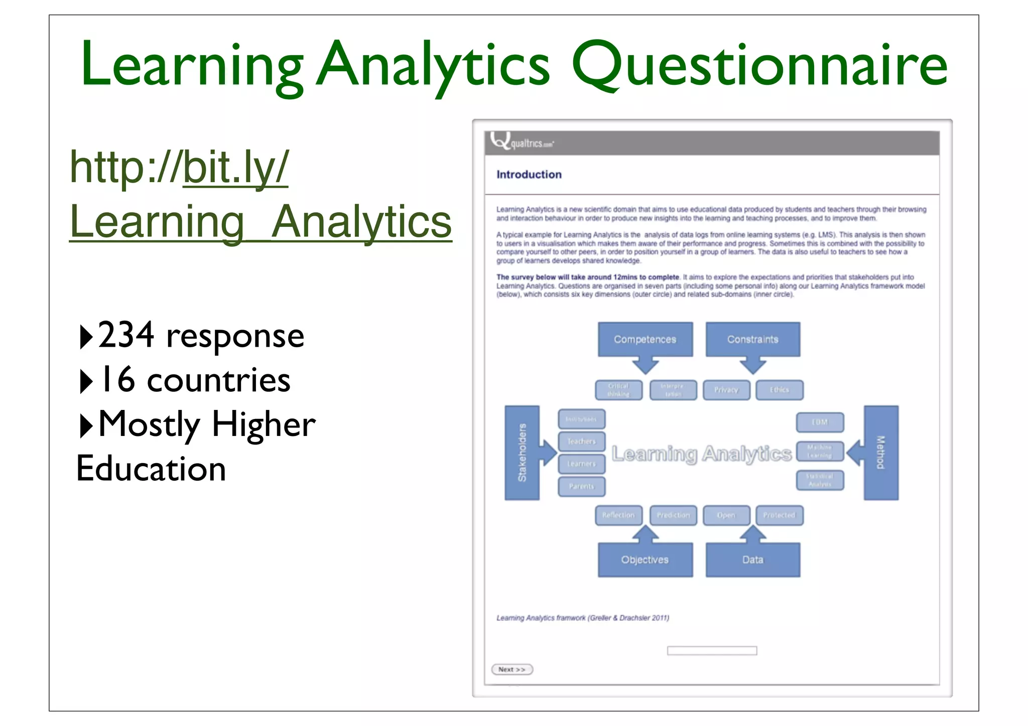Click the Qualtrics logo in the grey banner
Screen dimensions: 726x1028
point(522,142)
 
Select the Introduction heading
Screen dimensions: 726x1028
point(529,175)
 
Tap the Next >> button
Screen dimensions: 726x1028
point(511,669)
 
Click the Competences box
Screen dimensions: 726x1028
point(645,339)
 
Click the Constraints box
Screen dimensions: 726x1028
point(752,339)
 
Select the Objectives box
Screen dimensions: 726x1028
point(645,560)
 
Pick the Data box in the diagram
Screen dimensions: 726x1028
point(752,560)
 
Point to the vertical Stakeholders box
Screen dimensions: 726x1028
point(522,453)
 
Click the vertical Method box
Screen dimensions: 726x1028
point(881,453)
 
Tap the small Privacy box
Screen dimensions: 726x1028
point(726,390)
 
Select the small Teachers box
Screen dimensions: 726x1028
point(581,442)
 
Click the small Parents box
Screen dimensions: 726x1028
point(581,486)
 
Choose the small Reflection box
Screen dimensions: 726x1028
point(618,515)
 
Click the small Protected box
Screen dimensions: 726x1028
point(779,515)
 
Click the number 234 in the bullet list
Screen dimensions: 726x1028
point(125,335)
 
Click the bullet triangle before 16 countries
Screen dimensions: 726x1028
point(86,381)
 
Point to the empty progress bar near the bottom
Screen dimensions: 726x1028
point(712,651)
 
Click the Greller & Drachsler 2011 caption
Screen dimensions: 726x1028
point(582,618)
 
